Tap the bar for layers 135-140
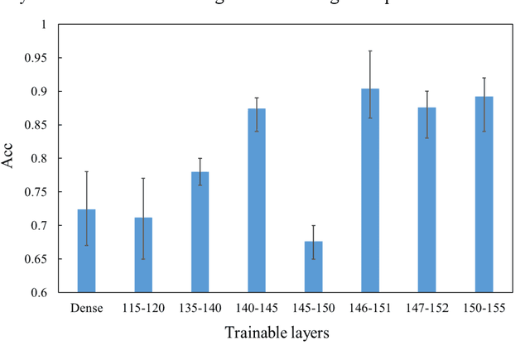pyautogui.click(x=200, y=232)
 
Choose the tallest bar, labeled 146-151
pyautogui.click(x=370, y=190)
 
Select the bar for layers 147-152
pyautogui.click(x=427, y=199)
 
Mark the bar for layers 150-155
pyautogui.click(x=484, y=194)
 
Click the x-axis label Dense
pyautogui.click(x=86, y=307)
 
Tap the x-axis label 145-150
pyautogui.click(x=314, y=307)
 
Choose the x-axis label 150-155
pyautogui.click(x=484, y=307)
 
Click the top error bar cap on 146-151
pyautogui.click(x=370, y=50)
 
